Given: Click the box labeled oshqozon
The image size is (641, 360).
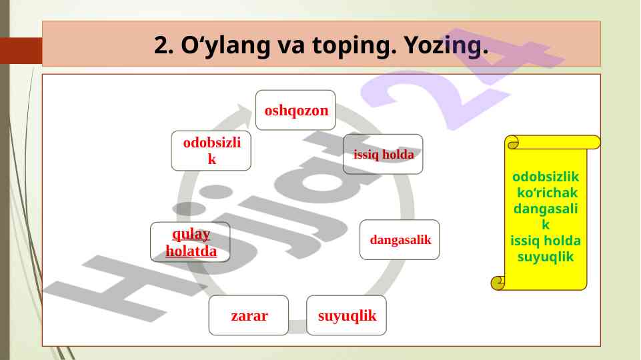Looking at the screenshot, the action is click(x=295, y=110).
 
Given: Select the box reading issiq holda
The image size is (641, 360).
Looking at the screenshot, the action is click(x=383, y=154).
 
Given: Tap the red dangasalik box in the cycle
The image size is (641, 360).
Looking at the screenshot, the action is click(x=400, y=239).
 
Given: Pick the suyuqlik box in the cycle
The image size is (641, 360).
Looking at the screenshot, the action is click(x=346, y=315).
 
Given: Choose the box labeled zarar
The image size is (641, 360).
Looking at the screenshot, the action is click(x=249, y=315).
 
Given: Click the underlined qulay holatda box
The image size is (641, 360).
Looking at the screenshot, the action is click(x=190, y=242).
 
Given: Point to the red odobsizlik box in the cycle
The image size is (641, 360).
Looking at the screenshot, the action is click(x=211, y=151).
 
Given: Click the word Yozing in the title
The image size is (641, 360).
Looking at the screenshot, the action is click(x=446, y=45).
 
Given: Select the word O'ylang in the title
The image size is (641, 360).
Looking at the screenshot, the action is click(x=225, y=45).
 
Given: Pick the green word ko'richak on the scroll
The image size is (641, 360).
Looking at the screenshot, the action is click(x=547, y=193).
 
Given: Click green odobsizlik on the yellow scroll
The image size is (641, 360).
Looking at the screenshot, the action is click(x=546, y=177).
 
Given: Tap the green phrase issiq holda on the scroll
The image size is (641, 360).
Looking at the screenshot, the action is click(x=546, y=241).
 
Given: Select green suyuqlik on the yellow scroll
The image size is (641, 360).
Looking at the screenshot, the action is click(x=546, y=257).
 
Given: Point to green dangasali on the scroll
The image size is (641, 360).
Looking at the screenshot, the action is click(x=546, y=209).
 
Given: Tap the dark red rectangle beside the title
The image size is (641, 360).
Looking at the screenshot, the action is click(x=21, y=51).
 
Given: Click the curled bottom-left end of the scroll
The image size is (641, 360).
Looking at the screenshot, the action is click(x=498, y=283).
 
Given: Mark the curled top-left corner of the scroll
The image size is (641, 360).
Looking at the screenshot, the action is click(x=512, y=143).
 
